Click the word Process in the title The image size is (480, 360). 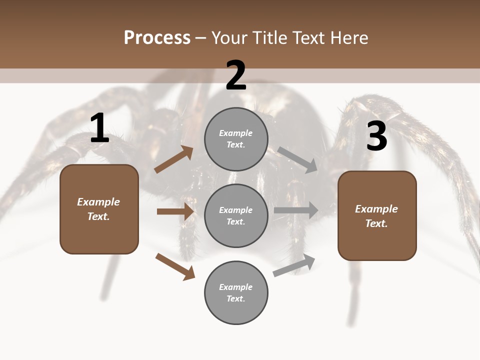coord(157,38)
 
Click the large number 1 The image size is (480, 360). coord(99,129)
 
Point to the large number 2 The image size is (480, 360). coord(236,75)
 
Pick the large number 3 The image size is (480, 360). coord(376,136)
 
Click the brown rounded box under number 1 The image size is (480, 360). coord(99,209)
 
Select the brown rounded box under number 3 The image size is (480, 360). coord(377,215)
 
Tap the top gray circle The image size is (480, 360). coord(236,139)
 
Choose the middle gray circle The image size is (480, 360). coord(236,215)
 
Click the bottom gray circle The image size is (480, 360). coord(236,292)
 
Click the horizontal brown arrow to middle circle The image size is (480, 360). coord(175,211)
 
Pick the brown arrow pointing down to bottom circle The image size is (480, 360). coord(175,266)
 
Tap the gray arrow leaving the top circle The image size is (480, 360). coord(297,159)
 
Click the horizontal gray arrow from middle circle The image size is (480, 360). coord(296,210)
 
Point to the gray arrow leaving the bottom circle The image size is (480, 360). coord(294,265)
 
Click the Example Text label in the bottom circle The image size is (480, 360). coord(236,293)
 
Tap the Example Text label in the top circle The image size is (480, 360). coord(236,139)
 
